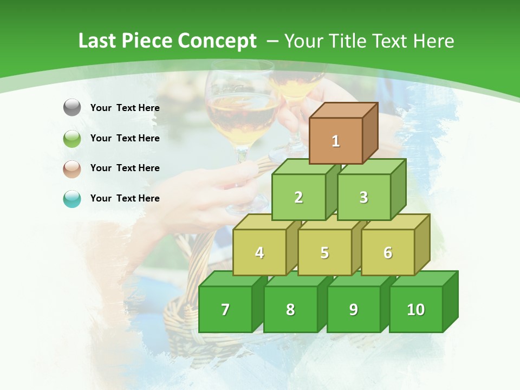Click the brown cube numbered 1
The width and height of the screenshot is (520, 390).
[336, 141]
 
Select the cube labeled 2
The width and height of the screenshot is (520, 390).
[298, 197]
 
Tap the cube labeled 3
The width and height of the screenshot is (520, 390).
[363, 197]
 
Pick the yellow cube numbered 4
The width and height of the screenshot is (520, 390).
[259, 252]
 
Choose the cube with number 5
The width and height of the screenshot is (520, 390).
[324, 252]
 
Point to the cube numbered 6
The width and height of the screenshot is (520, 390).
[388, 252]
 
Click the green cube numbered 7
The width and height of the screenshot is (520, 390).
[225, 309]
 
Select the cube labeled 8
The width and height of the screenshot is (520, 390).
[290, 309]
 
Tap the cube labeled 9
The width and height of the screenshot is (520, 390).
[353, 309]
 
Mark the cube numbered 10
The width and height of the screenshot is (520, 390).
[415, 309]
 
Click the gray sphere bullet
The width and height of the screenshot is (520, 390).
[72, 108]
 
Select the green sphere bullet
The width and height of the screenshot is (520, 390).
[72, 138]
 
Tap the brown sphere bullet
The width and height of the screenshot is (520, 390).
[72, 168]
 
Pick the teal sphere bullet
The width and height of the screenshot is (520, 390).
[72, 199]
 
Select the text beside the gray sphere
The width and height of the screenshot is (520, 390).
[125, 108]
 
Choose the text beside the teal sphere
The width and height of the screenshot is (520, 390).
[125, 198]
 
